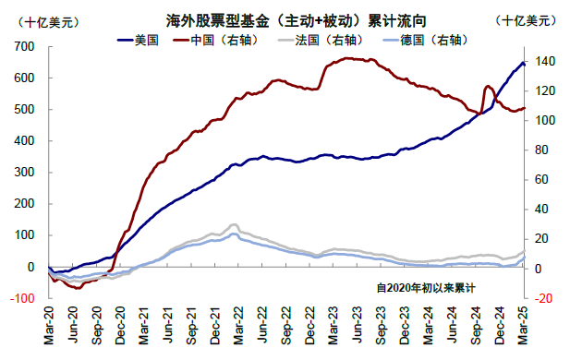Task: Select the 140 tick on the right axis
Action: click(543, 62)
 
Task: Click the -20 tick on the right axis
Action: click(542, 298)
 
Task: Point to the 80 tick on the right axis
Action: click(540, 150)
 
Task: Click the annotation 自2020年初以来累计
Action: click(426, 288)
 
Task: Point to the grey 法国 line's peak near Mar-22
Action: click(234, 224)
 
